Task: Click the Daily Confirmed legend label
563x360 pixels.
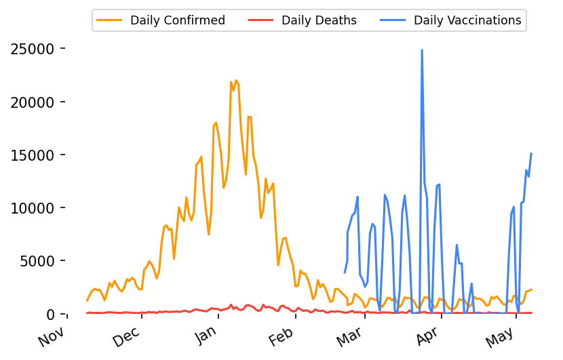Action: click(178, 20)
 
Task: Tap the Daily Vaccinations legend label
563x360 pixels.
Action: click(467, 20)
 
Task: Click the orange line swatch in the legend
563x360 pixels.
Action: click(111, 20)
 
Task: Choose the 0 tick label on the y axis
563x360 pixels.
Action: click(51, 314)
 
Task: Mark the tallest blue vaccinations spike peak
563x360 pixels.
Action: click(422, 50)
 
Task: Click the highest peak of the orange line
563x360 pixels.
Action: click(236, 80)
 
